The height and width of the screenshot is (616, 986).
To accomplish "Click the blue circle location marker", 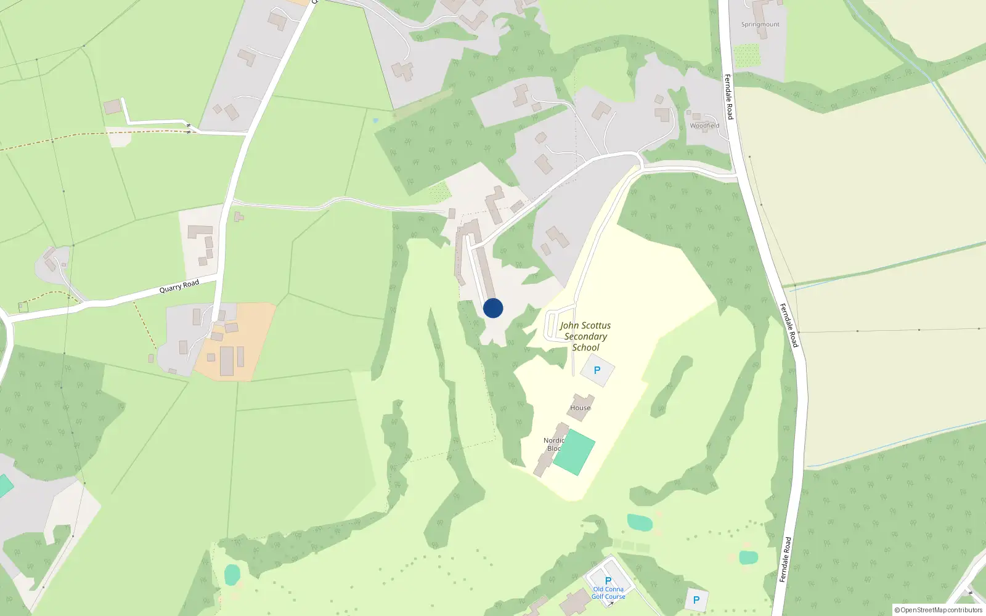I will click(493, 308).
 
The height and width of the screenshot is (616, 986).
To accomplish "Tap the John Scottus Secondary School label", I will click(585, 336).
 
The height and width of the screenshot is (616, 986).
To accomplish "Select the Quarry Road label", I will click(179, 286).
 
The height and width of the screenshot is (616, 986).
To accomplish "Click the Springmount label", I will click(760, 25).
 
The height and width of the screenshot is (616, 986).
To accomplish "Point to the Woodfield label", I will click(704, 126).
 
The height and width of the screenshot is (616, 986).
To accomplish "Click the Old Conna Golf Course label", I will click(608, 593).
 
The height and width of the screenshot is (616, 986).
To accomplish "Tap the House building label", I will click(580, 408).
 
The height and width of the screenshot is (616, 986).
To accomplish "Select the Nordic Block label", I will click(553, 444).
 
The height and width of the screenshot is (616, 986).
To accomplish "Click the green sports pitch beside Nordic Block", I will click(574, 453).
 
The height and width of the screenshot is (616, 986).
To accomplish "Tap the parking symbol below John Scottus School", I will click(597, 371).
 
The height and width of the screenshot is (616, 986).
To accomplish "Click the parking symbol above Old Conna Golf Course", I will click(608, 581).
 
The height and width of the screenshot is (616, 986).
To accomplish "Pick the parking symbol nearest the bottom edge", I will click(696, 600).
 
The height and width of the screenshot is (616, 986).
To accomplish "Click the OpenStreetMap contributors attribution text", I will click(939, 610).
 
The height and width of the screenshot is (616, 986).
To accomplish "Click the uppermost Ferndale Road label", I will click(728, 97).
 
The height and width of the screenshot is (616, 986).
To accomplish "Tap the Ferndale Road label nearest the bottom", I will click(785, 559).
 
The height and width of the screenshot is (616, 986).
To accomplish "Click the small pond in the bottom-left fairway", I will click(232, 574).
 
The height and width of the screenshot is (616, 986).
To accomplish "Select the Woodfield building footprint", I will click(696, 116).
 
